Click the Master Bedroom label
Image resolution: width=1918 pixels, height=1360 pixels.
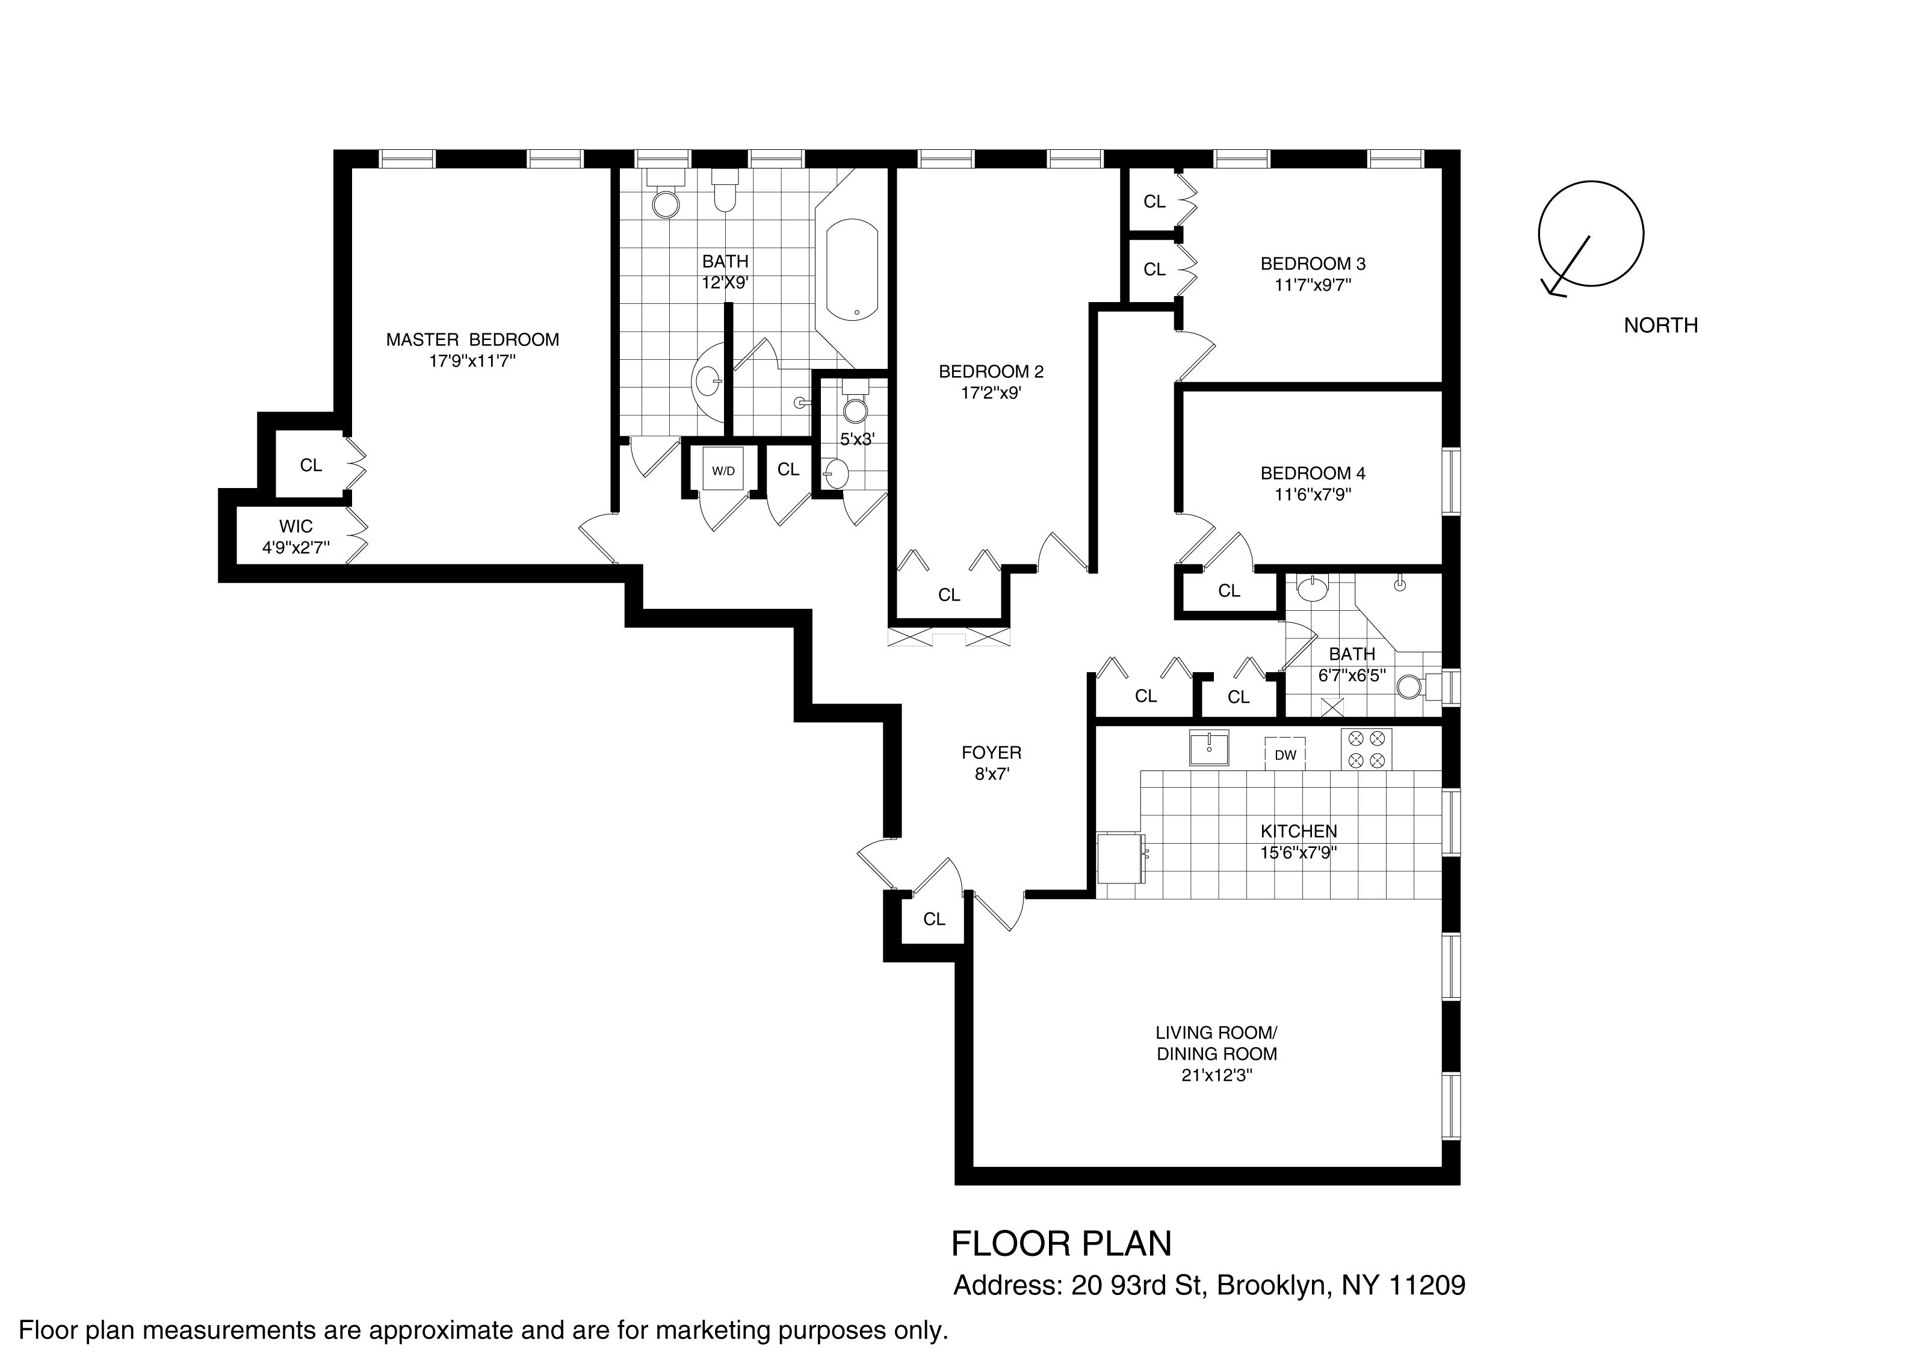tap(472, 339)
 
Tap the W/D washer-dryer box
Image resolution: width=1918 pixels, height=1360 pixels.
tap(723, 471)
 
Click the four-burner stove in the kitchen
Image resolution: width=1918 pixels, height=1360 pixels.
tap(1366, 749)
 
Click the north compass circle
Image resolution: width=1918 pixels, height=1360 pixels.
tap(1591, 233)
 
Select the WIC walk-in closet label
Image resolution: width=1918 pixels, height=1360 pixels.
tap(295, 526)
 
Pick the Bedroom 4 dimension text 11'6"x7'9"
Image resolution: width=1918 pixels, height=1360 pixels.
tap(1313, 495)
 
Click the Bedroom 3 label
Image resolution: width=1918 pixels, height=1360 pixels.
tap(1313, 264)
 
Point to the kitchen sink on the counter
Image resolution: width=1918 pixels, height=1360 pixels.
tap(1210, 746)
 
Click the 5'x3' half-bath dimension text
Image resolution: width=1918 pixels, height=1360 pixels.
tap(857, 438)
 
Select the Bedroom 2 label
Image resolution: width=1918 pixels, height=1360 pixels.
tap(991, 371)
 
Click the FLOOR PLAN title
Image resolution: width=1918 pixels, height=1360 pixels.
tap(1061, 1244)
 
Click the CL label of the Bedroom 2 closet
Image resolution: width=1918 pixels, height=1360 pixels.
tap(949, 595)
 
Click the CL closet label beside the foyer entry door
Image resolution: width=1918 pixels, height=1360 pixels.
tap(934, 919)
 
